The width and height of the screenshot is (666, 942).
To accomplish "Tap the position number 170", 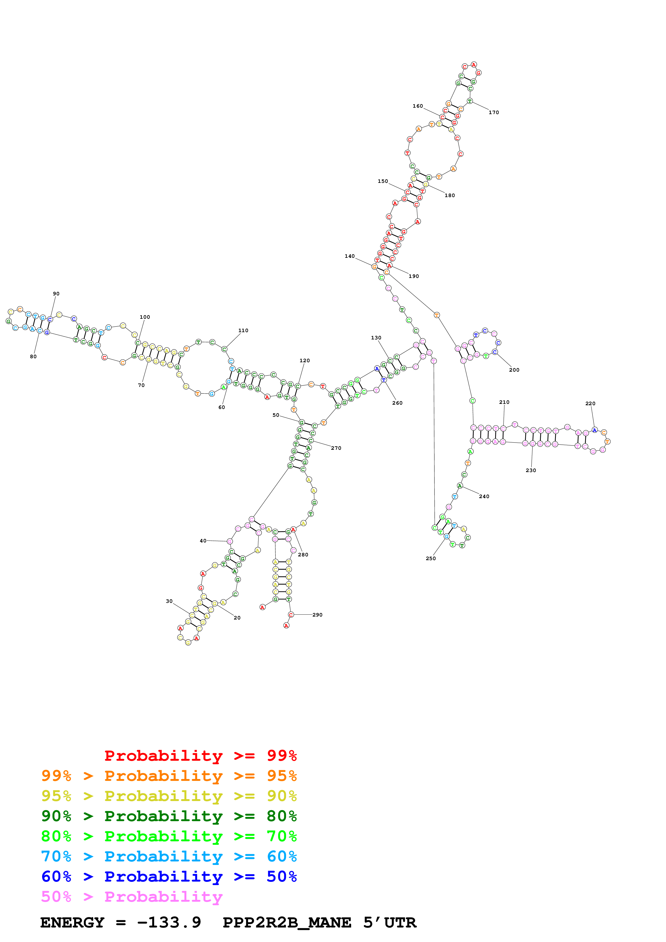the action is click(493, 113).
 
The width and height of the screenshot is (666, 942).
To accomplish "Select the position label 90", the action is click(56, 294).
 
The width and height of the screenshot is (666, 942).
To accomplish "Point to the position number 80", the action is click(33, 357).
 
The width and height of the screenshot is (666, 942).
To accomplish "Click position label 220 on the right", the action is click(590, 404).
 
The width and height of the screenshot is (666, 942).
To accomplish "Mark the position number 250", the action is click(430, 558).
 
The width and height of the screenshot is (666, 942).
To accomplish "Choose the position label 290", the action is click(317, 615).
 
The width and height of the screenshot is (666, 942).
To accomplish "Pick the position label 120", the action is click(304, 361).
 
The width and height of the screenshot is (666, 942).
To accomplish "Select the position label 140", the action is click(350, 256).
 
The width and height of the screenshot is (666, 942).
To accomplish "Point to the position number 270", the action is click(336, 448).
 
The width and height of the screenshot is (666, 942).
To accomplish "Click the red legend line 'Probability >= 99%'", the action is click(200, 756).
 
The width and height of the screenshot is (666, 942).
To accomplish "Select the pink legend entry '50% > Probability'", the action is click(132, 897).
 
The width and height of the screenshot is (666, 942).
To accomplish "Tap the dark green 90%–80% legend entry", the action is click(169, 816).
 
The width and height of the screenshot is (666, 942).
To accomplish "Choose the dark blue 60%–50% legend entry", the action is click(169, 877).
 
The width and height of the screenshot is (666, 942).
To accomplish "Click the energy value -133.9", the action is click(169, 923).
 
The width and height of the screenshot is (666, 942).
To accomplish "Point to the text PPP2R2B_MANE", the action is click(286, 923).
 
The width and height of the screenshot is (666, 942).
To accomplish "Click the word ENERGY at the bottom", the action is click(72, 923).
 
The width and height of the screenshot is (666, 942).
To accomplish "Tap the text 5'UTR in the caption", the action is click(390, 923).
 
